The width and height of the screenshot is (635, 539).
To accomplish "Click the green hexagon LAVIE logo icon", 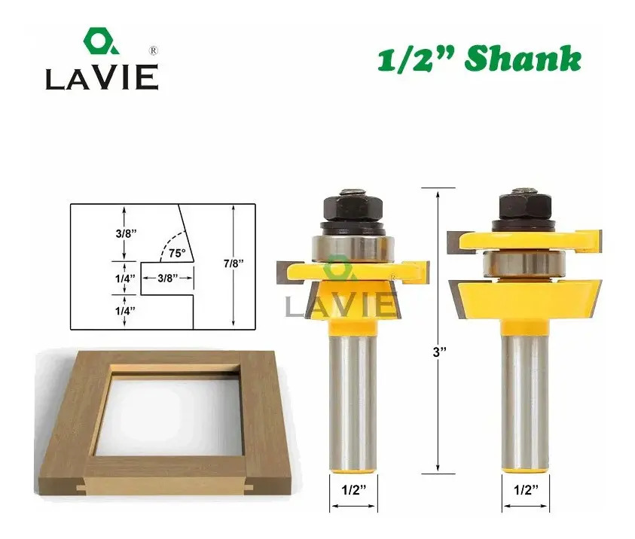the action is click(101, 41).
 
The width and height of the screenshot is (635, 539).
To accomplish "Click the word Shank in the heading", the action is click(523, 59).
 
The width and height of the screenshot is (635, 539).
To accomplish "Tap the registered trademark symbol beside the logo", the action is click(154, 51).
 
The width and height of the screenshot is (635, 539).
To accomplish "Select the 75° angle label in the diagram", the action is click(177, 253).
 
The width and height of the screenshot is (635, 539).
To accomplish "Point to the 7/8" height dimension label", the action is click(234, 263).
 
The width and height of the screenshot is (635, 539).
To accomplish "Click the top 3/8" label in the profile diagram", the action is click(126, 233).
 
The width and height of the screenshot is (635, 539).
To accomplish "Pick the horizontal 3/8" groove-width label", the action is click(168, 278).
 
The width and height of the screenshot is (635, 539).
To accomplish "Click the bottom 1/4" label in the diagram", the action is click(125, 311).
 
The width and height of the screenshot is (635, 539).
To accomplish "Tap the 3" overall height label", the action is click(439, 352).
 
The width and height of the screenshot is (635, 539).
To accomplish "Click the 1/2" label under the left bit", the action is click(353, 490).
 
